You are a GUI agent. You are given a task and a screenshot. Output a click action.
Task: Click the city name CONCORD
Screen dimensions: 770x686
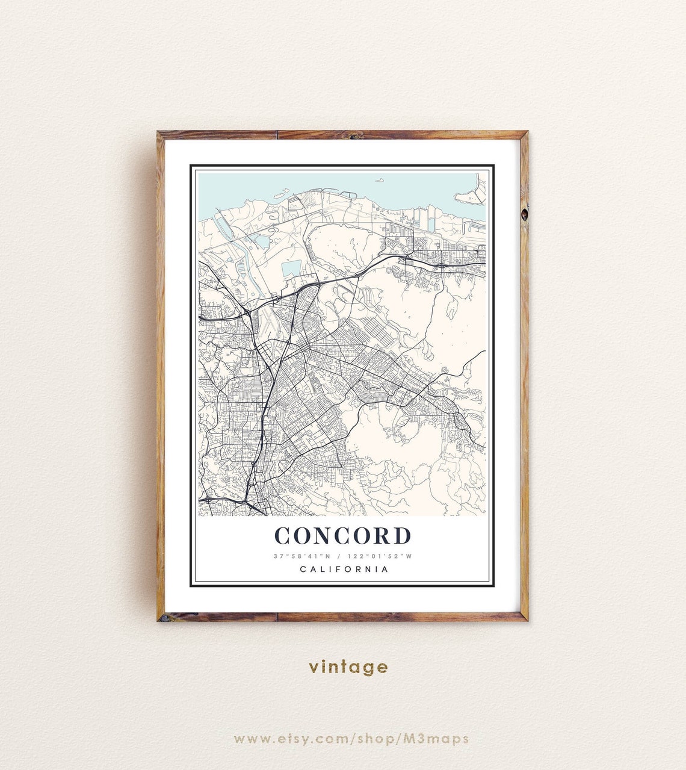343,535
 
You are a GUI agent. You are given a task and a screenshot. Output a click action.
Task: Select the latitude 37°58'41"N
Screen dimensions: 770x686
298,556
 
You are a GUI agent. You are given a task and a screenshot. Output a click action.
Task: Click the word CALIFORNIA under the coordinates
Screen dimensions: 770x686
343,569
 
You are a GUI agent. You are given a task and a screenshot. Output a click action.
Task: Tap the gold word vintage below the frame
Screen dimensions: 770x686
348,666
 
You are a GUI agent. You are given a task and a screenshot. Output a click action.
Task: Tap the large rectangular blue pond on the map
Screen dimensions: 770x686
291,269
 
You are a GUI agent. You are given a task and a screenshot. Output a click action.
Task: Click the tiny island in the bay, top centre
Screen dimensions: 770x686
380,179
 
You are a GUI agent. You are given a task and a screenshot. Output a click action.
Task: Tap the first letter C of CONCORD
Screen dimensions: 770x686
283,535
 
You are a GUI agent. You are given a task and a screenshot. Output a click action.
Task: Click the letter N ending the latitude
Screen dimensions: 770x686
323,556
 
